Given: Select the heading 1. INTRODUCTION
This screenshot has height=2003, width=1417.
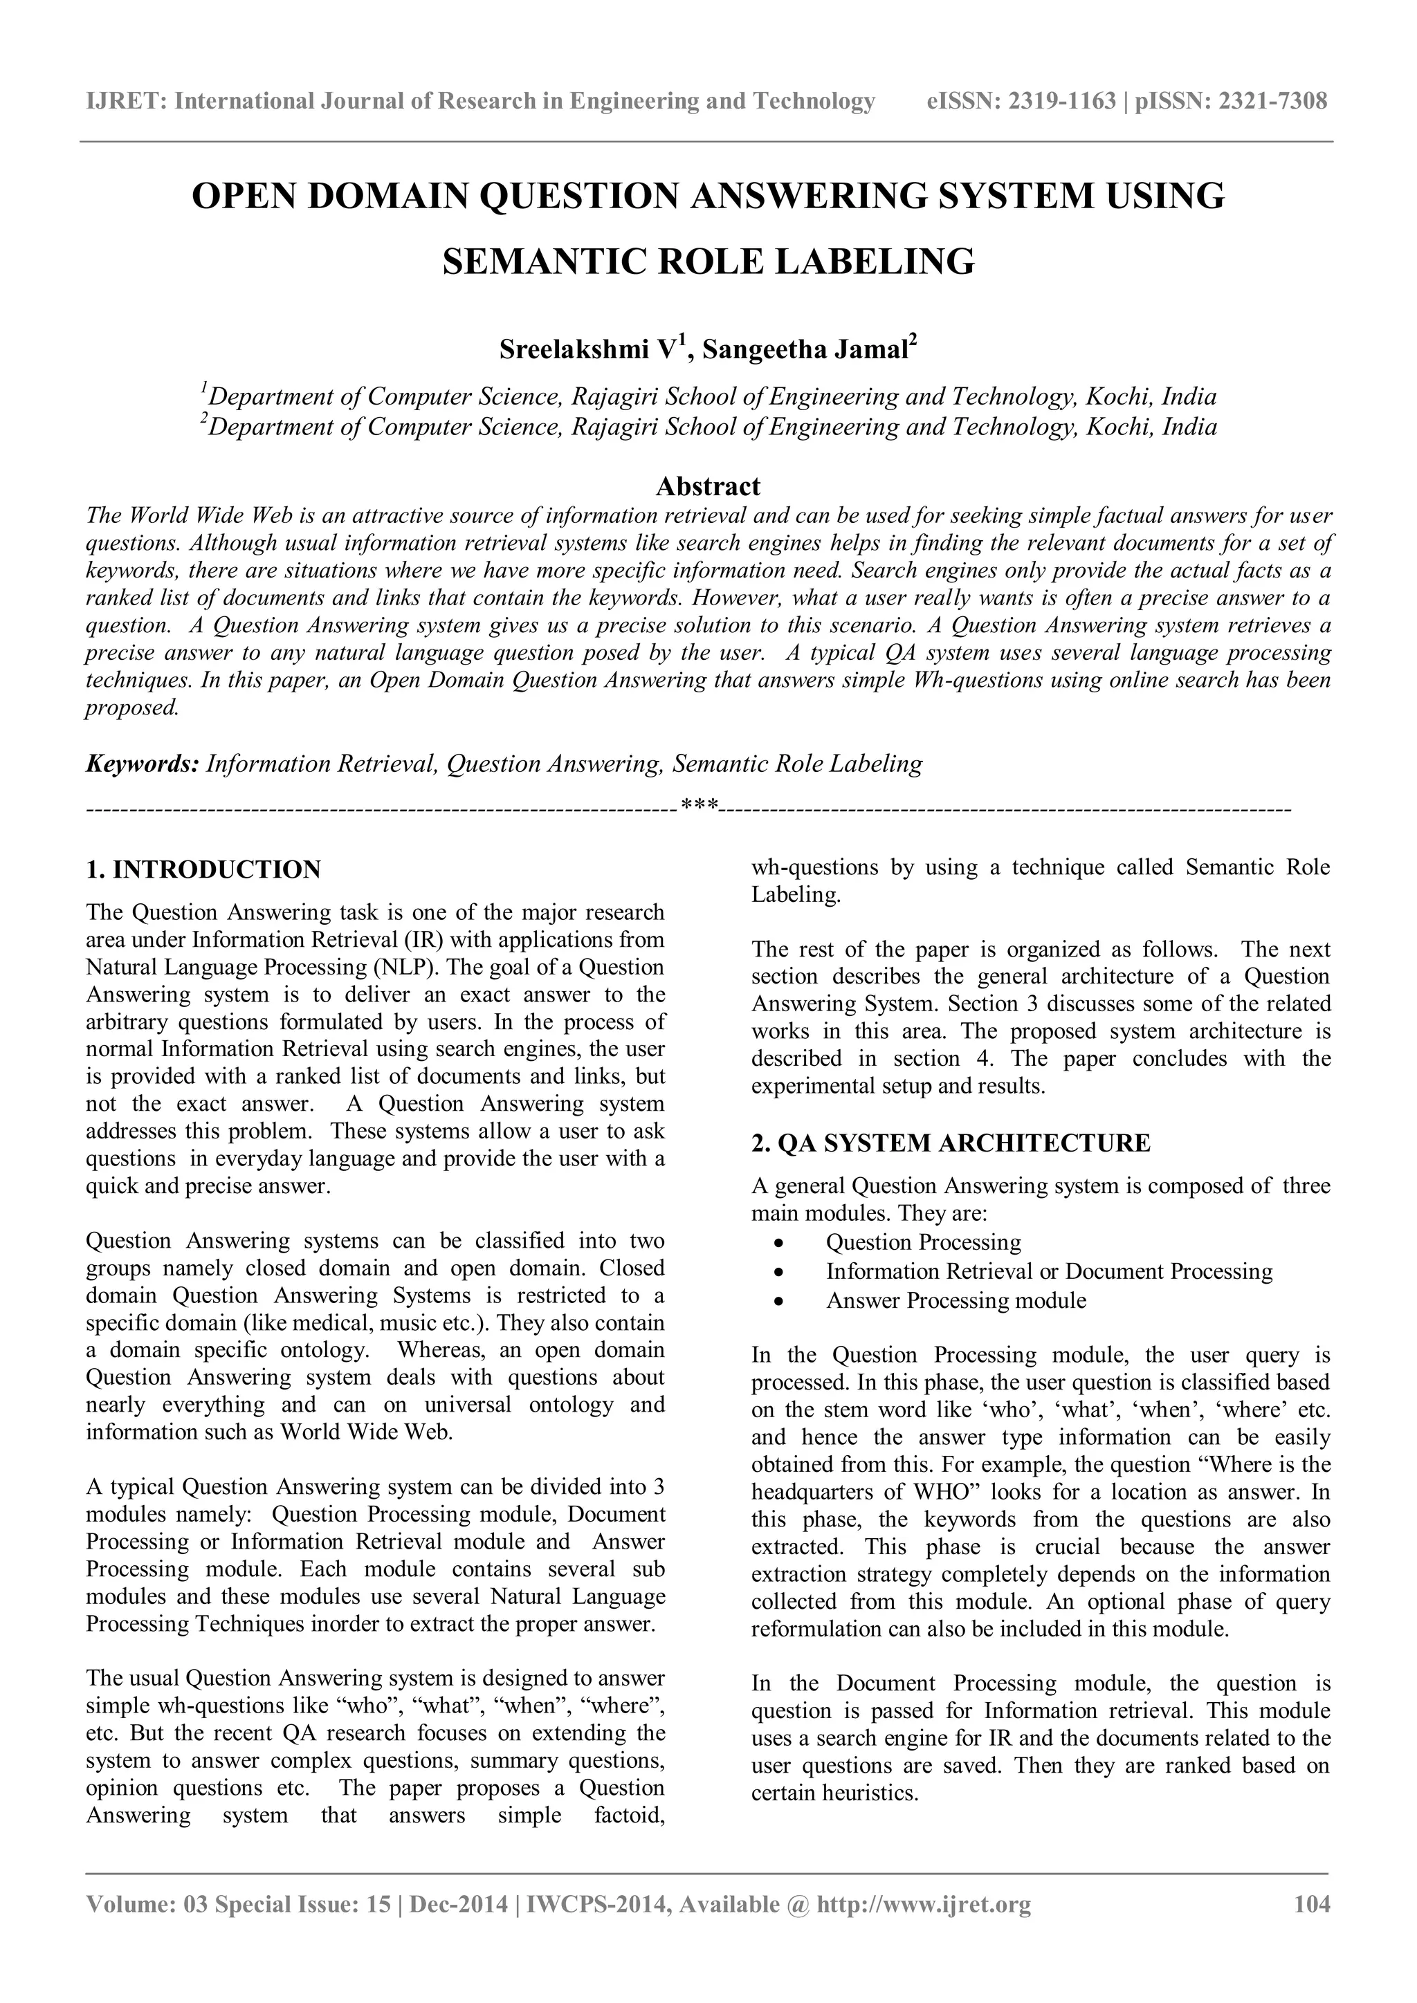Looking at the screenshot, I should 203,870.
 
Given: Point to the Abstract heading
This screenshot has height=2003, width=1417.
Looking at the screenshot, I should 708,486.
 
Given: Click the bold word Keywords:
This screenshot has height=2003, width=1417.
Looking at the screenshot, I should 143,764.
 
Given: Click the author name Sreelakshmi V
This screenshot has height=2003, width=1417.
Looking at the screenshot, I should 589,351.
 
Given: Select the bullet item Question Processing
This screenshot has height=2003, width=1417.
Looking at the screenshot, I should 922,1242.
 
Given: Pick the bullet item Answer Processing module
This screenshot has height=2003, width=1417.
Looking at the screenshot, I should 956,1301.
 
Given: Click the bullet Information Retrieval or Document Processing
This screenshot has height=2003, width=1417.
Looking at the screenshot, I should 1049,1272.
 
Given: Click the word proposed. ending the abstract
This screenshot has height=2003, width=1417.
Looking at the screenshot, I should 131,708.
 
